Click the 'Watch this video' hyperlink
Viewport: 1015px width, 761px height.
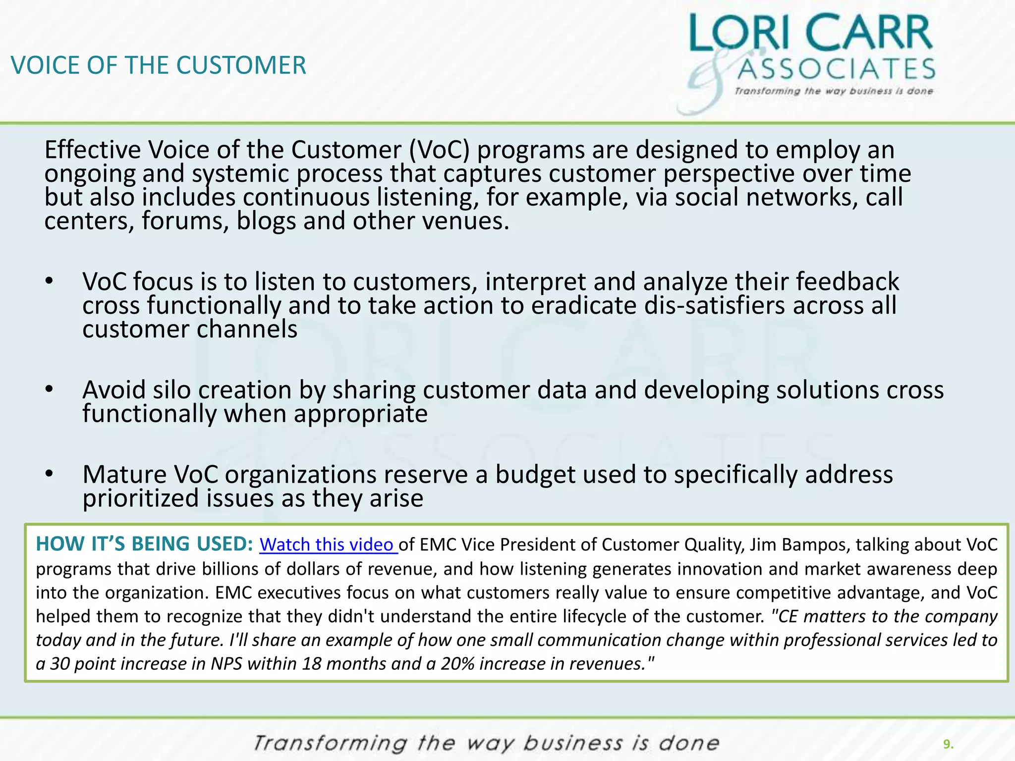(328, 544)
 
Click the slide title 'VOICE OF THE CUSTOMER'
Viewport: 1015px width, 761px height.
(159, 65)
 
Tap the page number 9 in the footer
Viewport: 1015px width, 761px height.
(948, 744)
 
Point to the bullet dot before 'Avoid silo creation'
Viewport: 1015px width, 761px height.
(49, 389)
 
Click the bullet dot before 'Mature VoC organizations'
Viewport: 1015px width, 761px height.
(49, 474)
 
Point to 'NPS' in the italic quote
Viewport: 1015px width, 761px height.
(226, 663)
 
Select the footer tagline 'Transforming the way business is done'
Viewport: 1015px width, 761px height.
(486, 743)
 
